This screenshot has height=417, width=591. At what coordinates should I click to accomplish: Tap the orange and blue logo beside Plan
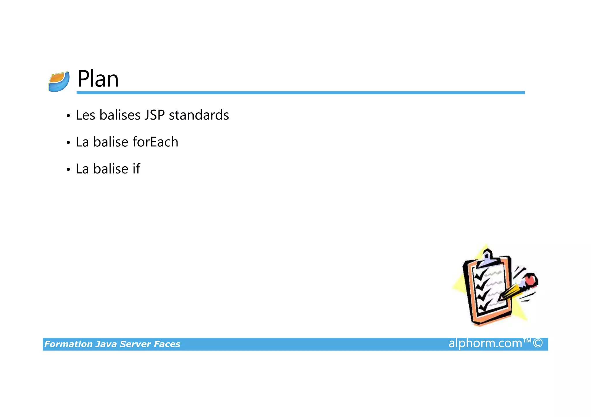click(x=59, y=82)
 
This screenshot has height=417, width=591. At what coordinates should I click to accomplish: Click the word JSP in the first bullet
click(x=154, y=115)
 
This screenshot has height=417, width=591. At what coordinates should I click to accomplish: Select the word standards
click(x=199, y=115)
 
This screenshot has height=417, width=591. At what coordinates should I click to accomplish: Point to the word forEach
click(x=155, y=142)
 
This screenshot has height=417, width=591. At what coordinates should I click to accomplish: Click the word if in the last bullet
click(x=136, y=169)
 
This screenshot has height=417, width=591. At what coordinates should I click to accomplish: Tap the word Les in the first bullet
click(x=85, y=115)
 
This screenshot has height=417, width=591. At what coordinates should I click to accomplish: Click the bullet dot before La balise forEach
click(x=68, y=143)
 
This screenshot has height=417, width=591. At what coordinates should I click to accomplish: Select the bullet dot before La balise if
click(x=68, y=169)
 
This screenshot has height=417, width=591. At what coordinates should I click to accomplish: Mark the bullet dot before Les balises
click(x=68, y=116)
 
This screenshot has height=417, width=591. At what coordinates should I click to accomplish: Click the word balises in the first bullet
click(x=120, y=115)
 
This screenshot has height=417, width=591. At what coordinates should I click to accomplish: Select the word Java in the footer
click(x=106, y=344)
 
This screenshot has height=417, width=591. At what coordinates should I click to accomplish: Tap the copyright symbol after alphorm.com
click(x=538, y=343)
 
